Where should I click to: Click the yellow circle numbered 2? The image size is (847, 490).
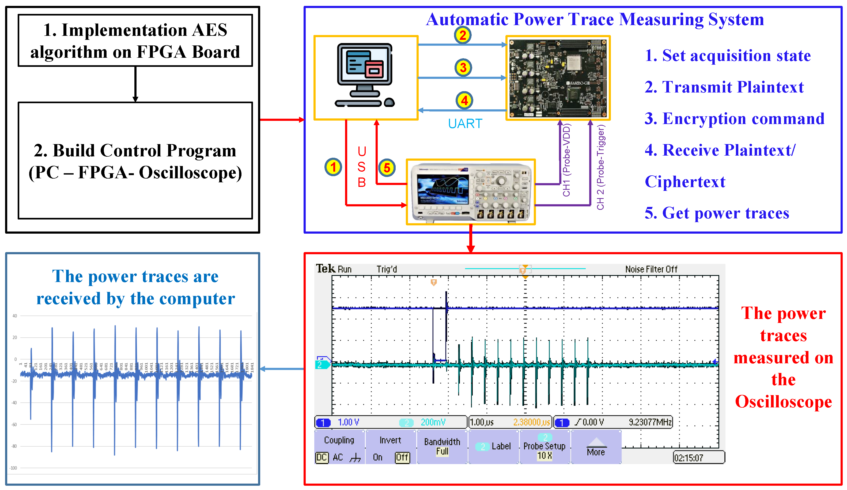coord(463,35)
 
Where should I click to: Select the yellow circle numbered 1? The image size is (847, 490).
coord(333,167)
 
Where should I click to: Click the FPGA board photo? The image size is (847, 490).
coord(558,78)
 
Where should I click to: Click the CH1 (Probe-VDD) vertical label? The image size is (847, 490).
coord(566,160)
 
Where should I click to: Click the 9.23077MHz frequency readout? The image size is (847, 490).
coord(650,422)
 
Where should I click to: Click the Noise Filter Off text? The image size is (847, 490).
coord(651,269)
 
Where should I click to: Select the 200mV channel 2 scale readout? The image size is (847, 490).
coord(433,422)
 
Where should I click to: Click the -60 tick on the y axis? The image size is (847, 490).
coord(14,425)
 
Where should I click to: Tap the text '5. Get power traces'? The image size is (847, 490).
coord(717,213)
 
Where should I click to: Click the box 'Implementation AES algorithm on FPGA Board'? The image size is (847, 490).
coord(135,41)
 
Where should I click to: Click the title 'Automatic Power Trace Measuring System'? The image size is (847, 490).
coord(595,19)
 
